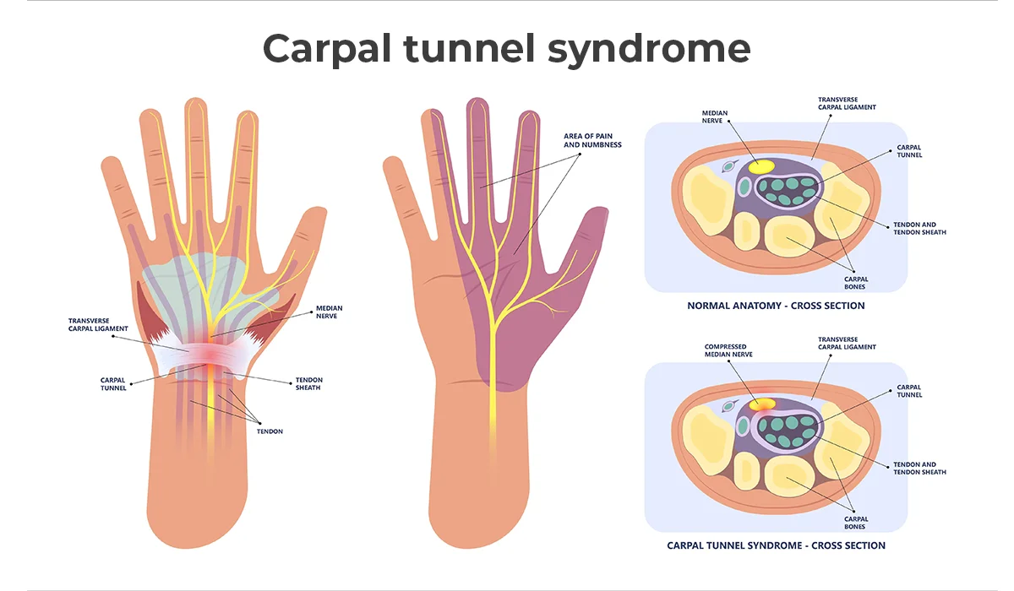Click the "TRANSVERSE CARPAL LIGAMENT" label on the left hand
pos(98,324)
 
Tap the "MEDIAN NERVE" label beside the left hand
pos(329,312)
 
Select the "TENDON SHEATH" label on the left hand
pos(308,383)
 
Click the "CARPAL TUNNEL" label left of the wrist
pos(113,384)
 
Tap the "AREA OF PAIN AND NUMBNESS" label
pos(592,140)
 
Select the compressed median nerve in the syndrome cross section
pos(762,405)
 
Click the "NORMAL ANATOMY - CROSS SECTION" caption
pos(776,306)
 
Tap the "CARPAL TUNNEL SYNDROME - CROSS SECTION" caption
pos(776,545)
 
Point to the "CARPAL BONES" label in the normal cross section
pos(856,282)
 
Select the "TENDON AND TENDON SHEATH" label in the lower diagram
pos(919,468)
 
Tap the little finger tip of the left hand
pos(109,163)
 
